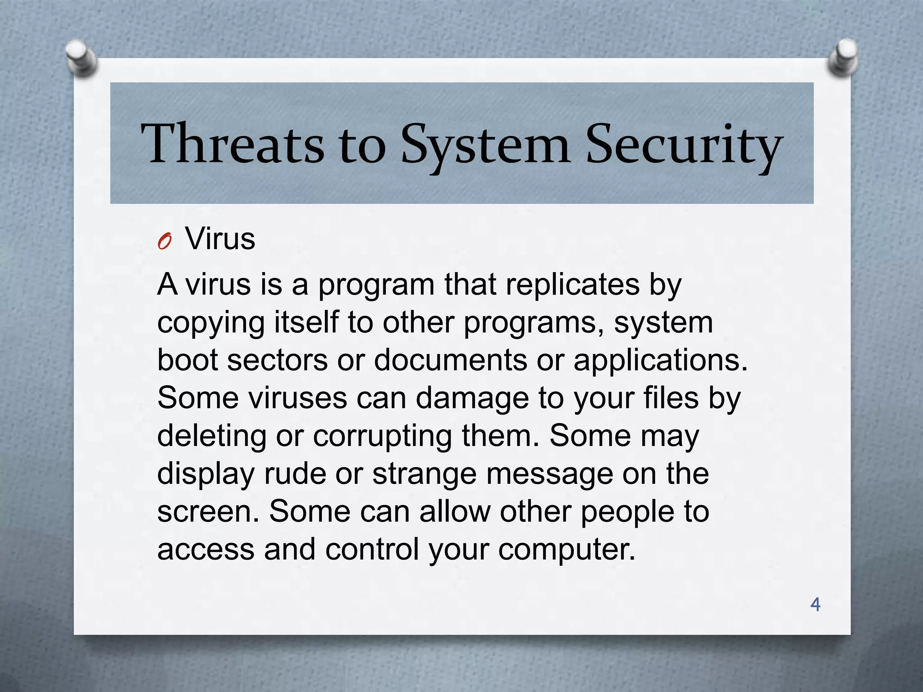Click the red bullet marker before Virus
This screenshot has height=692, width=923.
coord(165,242)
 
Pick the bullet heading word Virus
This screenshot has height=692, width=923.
coord(220,239)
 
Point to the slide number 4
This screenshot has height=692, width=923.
coord(815,604)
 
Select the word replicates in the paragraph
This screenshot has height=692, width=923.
coord(572,285)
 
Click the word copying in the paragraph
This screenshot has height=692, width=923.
coord(210,323)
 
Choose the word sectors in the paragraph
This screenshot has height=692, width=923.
coord(277,360)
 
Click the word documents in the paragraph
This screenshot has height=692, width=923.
coord(450,360)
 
